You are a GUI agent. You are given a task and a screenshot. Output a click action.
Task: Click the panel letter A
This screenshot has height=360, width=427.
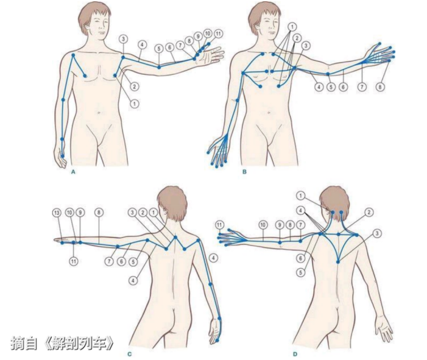(x=73, y=172)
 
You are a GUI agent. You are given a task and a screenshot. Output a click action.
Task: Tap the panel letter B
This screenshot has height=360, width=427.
(x=244, y=172)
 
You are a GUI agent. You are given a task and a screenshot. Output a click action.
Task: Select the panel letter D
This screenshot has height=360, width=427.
(x=295, y=355)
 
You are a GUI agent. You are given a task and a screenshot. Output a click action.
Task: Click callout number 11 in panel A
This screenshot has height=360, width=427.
(x=218, y=34)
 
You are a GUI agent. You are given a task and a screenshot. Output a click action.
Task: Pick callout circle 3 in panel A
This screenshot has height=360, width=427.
(x=124, y=39)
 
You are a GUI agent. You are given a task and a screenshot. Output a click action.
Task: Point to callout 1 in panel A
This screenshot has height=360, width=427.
(x=134, y=104)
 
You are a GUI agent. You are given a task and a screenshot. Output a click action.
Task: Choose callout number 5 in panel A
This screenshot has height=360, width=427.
(x=159, y=49)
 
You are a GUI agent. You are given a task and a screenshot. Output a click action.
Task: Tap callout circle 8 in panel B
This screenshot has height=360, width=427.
(x=380, y=87)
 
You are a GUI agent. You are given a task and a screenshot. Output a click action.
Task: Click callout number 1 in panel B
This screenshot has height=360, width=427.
(x=292, y=27)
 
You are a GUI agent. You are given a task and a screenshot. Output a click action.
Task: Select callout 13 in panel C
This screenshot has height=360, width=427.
(x=57, y=213)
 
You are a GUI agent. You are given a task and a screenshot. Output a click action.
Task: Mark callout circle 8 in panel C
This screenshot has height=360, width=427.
(x=99, y=213)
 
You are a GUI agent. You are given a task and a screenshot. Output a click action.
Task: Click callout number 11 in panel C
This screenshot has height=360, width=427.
(x=74, y=261)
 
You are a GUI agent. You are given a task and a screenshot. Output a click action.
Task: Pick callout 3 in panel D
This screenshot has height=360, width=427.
(x=377, y=233)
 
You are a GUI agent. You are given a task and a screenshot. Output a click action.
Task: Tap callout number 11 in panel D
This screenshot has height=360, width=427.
(x=220, y=225)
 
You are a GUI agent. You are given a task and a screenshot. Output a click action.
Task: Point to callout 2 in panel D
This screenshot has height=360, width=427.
(x=369, y=212)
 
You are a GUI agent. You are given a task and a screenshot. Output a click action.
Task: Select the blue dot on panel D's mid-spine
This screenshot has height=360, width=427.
(x=338, y=262)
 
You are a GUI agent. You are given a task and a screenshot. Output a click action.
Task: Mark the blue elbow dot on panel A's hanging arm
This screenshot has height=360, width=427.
(x=63, y=100)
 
